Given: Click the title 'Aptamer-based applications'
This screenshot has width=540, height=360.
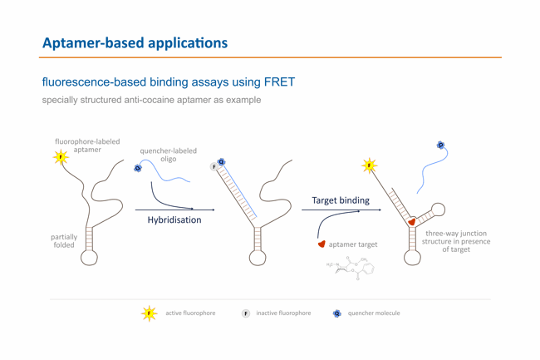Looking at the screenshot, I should point(135,42).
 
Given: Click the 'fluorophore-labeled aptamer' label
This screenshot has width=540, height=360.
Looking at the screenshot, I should point(87,145).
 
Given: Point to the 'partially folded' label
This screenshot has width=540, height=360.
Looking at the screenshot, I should point(64,241).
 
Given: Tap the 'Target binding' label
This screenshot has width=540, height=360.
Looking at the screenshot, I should point(341,200).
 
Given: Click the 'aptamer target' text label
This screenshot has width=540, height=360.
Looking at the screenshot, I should point(353,244).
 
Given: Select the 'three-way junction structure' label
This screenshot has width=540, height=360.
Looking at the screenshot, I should point(455,241).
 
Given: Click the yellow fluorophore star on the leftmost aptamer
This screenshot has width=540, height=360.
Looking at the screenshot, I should point(60,157).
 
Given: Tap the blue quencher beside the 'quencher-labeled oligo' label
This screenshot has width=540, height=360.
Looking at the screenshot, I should point(138,168).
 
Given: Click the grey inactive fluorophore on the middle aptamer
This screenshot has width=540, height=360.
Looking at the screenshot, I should point(214,167).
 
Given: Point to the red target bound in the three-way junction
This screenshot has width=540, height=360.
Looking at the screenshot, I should point(411,222).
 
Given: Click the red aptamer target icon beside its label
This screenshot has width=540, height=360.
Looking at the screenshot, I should point(322,244).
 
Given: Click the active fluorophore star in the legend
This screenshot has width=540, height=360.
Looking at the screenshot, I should point(150,313).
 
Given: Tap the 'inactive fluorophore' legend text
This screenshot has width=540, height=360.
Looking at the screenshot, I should point(283,313).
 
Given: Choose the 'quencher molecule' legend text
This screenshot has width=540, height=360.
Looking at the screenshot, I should point(374,313).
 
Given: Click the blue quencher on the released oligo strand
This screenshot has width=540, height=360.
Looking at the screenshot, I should point(440,145).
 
